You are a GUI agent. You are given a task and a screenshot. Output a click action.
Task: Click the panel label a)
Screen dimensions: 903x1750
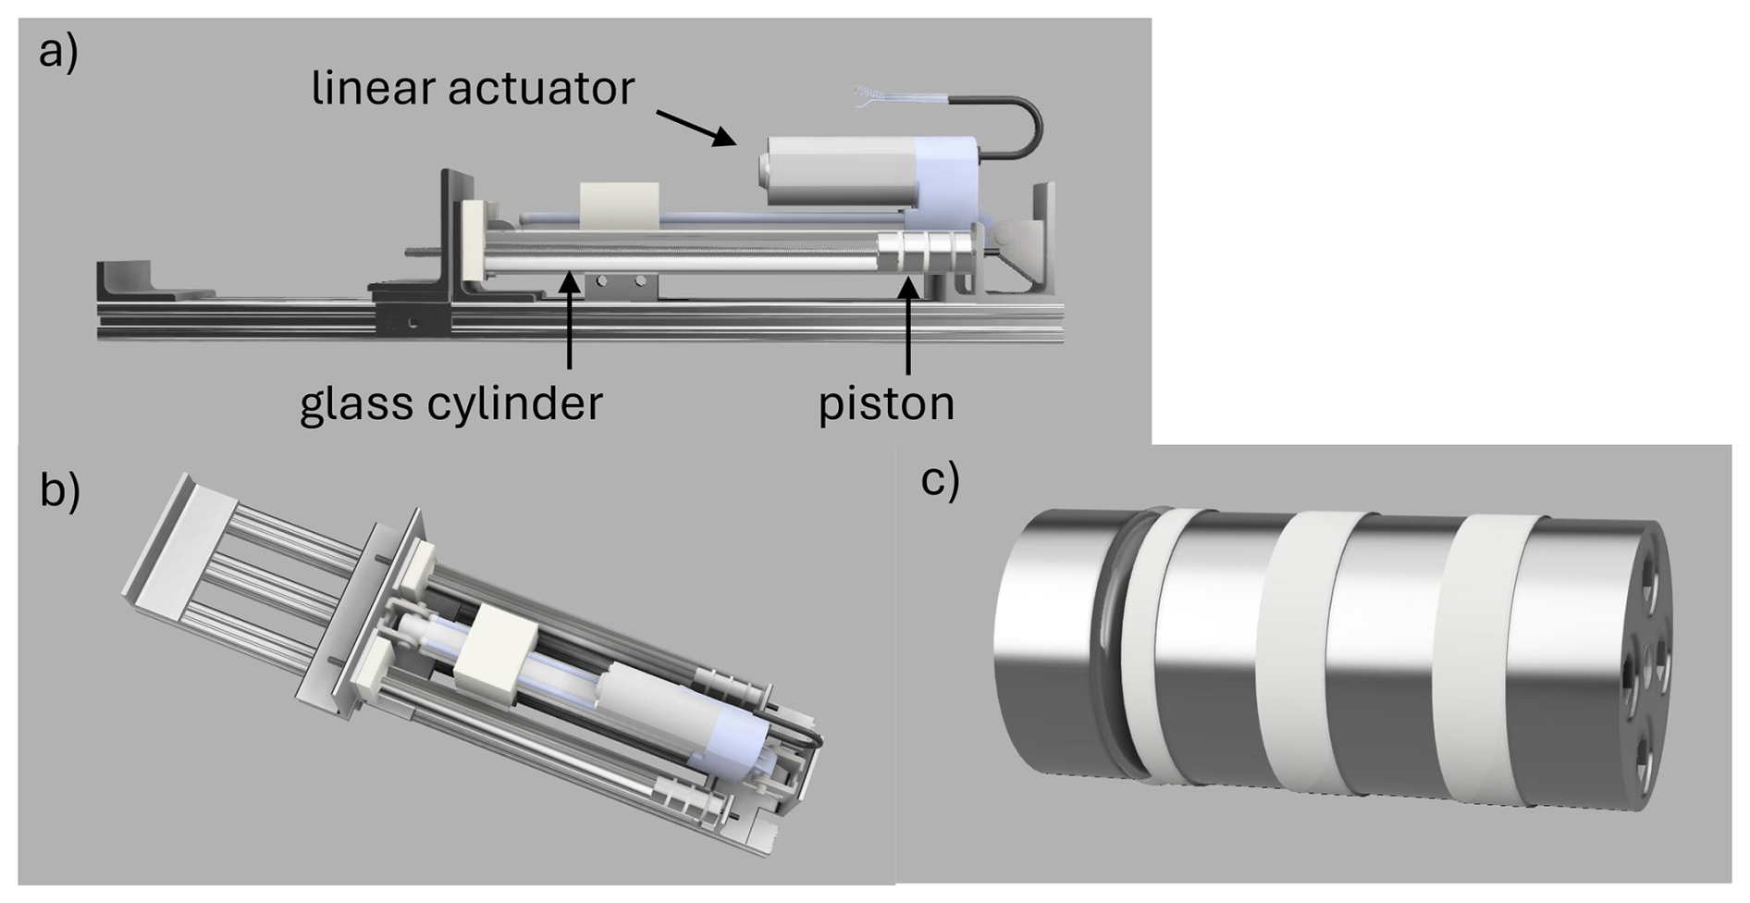[57, 53]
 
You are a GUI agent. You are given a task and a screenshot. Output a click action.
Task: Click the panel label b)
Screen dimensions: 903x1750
[59, 490]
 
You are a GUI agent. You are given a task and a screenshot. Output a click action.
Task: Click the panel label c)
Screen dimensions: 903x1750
[940, 479]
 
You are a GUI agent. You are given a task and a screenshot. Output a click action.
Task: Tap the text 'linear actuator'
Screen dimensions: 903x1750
[473, 89]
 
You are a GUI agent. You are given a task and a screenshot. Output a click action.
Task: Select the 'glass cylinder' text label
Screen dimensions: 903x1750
[450, 403]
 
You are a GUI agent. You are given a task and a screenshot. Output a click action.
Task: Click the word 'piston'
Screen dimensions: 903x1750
[885, 403]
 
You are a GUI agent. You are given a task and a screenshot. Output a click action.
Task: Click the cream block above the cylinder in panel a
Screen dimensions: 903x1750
[618, 205]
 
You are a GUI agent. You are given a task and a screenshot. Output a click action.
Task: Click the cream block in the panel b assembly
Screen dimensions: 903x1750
[498, 655]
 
